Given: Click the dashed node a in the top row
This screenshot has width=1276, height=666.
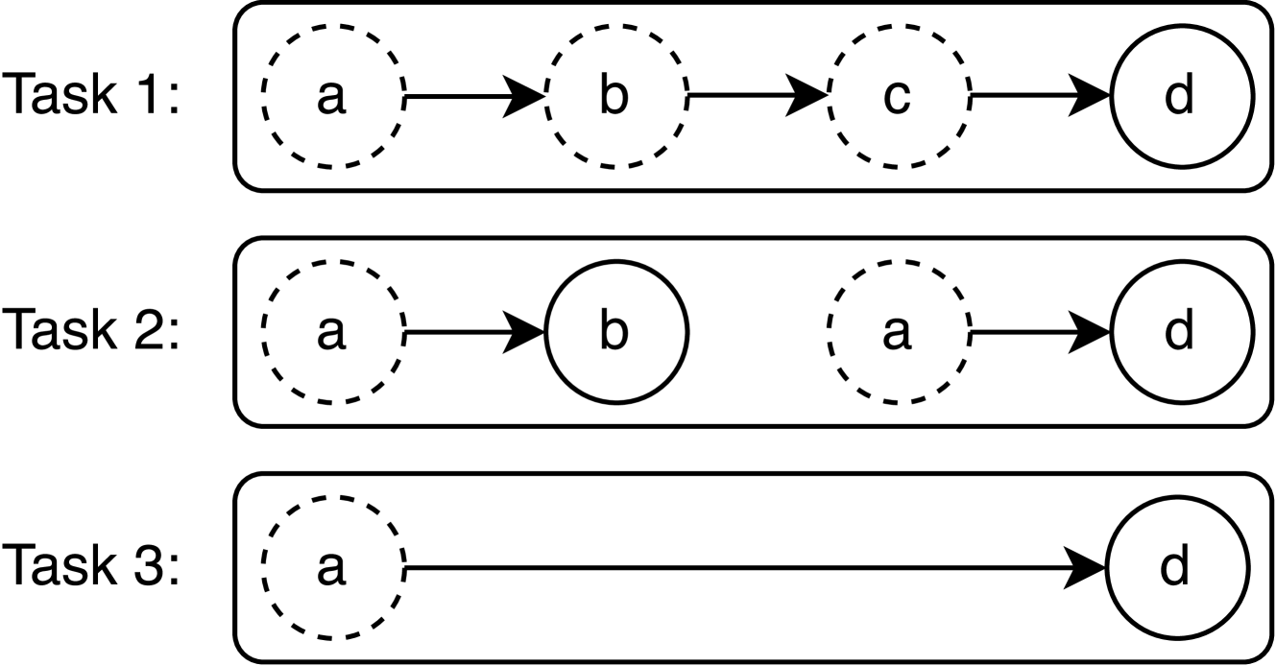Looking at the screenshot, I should [331, 97].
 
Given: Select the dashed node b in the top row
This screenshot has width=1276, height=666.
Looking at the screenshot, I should [614, 97].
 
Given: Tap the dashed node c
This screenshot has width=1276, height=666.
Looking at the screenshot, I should [897, 97].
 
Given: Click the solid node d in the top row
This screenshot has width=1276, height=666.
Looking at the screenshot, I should [1180, 97].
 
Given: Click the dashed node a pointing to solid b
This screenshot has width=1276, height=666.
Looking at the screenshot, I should [331, 333].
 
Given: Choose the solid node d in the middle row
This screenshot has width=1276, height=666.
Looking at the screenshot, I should [1180, 333].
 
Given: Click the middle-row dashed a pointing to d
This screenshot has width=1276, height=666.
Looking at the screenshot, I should [897, 333].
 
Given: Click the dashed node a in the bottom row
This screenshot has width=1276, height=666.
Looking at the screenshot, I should [331, 568].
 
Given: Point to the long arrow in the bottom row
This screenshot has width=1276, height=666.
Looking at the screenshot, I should [749, 569].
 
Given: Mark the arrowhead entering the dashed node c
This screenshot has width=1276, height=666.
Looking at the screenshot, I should [808, 97].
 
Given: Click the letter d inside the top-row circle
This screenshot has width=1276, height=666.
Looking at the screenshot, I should [1180, 97].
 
